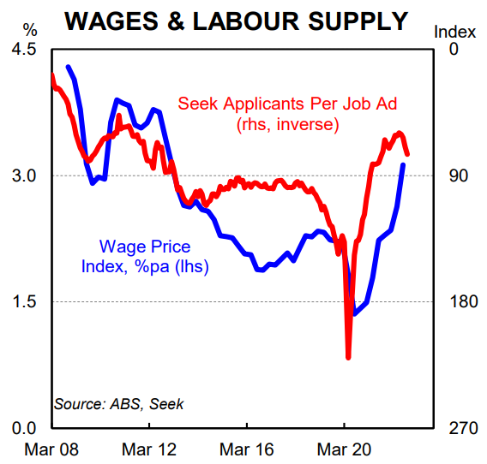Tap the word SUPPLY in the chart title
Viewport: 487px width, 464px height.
tap(360, 21)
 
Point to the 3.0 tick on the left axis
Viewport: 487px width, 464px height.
tap(23, 175)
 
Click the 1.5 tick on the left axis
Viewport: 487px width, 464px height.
tap(23, 301)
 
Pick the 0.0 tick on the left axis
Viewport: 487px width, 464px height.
tap(23, 427)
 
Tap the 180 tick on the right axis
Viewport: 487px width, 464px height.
tap(451, 301)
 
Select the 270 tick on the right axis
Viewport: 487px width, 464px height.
tap(451, 427)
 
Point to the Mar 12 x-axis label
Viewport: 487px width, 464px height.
tap(149, 449)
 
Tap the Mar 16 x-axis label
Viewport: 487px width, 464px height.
tap(247, 449)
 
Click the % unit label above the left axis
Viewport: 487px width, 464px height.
tap(19, 33)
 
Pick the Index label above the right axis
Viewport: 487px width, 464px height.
tap(454, 33)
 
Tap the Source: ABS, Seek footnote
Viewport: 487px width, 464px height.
tap(118, 403)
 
